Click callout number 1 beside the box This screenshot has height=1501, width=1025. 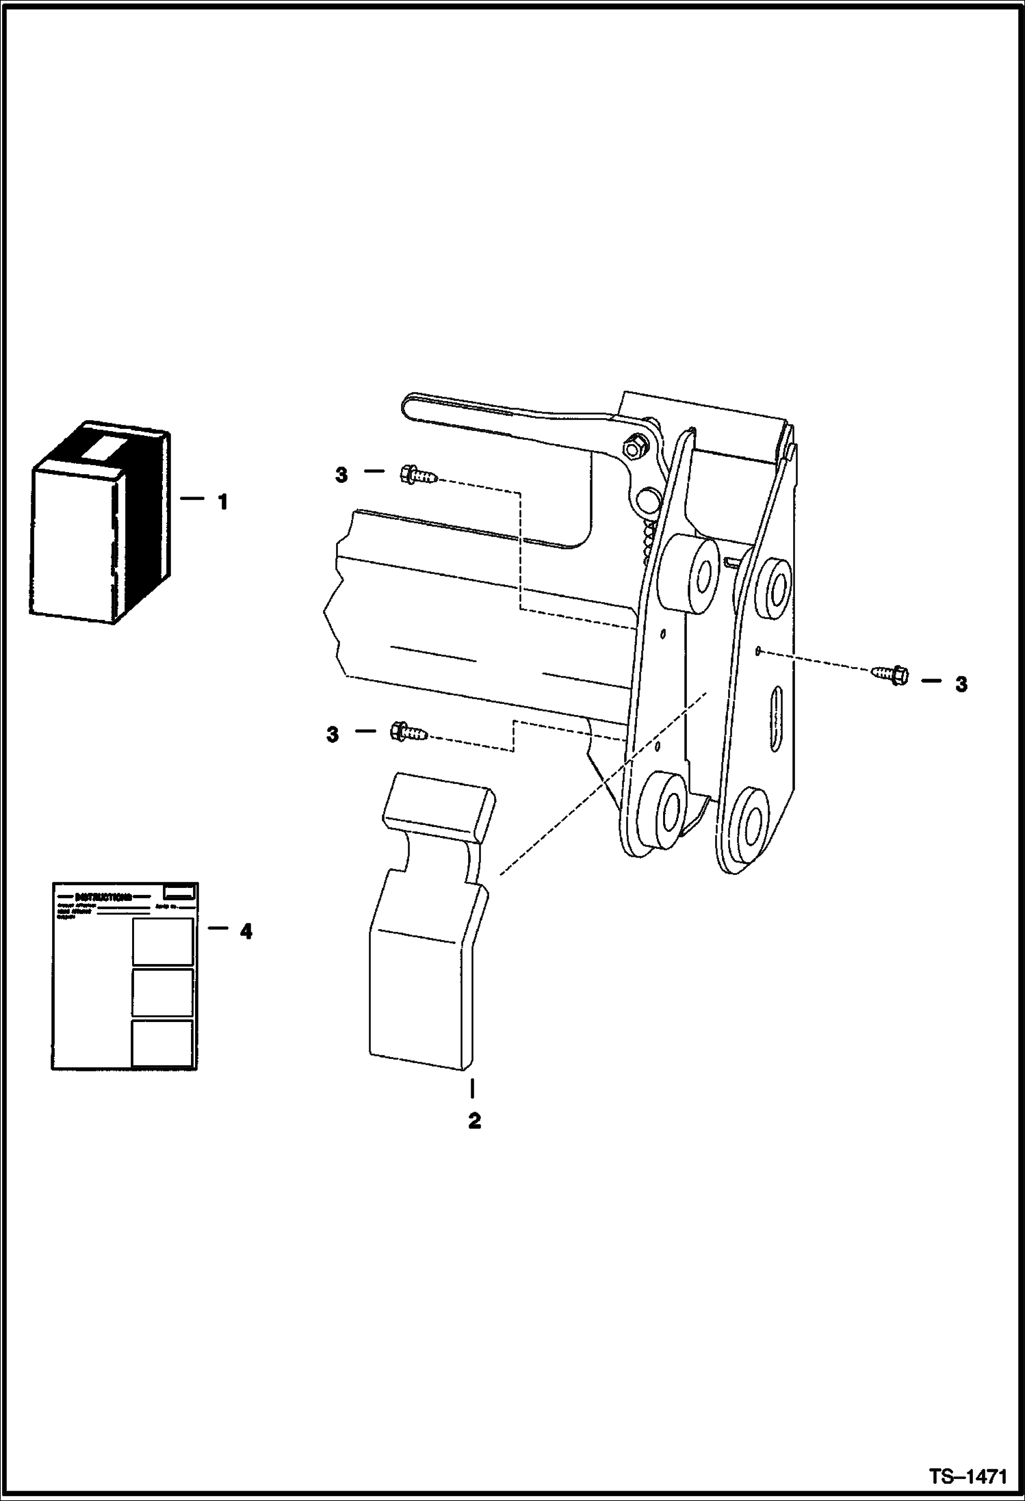222,503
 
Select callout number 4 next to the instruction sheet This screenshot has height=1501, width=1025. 245,931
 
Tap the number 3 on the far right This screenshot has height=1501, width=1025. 961,684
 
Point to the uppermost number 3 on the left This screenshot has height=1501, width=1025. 341,475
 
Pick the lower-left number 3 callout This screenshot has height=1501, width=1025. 333,735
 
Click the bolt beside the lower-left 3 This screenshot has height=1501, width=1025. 408,733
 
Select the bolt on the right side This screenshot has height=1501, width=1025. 890,676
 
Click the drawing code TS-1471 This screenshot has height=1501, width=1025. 968,1475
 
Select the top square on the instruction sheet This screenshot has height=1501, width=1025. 163,941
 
